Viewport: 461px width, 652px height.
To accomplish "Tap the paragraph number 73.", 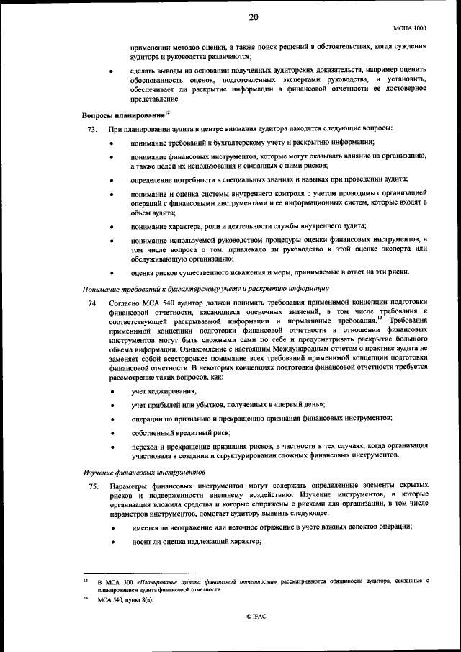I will (91, 128).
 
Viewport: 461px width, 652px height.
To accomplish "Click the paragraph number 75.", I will (91, 488).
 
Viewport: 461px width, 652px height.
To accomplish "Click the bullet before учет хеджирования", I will (112, 391).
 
